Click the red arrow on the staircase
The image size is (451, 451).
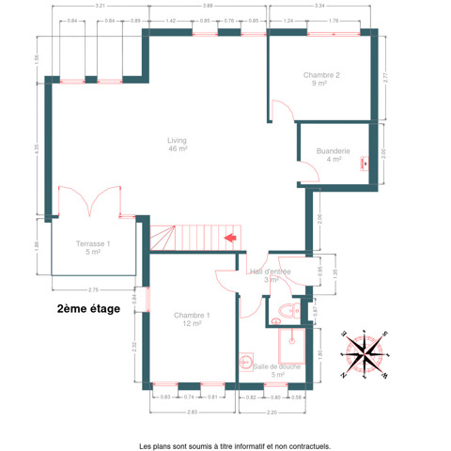pyautogui.click(x=228, y=238)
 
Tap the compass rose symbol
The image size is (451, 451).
pyautogui.click(x=365, y=352)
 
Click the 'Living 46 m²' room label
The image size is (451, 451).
pyautogui.click(x=178, y=144)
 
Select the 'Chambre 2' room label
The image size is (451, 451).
pyautogui.click(x=321, y=79)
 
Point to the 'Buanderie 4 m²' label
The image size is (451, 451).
pyautogui.click(x=334, y=154)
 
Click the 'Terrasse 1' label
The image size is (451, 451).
pyautogui.click(x=93, y=248)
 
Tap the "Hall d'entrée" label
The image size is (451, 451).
pyautogui.click(x=271, y=275)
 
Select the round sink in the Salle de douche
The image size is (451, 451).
pyautogui.click(x=246, y=360)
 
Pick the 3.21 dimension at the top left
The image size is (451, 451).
pyautogui.click(x=99, y=6)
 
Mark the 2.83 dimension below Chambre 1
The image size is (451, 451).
pyautogui.click(x=192, y=412)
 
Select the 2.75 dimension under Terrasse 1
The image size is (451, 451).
pyautogui.click(x=93, y=289)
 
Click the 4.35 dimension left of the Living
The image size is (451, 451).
pyautogui.click(x=38, y=148)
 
